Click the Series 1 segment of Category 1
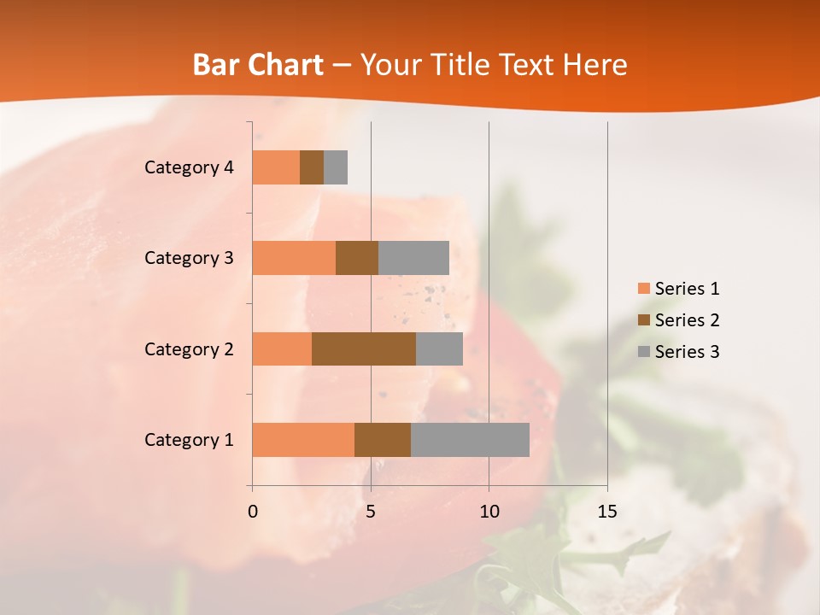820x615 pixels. point(303,440)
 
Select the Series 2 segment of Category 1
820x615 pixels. point(383,440)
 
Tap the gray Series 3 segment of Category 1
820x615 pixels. point(470,440)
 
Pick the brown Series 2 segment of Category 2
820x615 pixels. point(364,348)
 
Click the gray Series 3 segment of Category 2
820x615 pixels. point(439,348)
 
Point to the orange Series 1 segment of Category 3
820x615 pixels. point(294,258)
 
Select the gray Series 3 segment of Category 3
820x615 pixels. point(413,258)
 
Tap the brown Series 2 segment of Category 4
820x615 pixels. point(312,167)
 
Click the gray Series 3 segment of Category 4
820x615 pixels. point(336,167)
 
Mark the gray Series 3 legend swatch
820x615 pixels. point(644,352)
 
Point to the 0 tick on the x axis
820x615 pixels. point(253,512)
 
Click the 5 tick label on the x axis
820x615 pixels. point(371,512)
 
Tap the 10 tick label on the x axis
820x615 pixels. point(489,512)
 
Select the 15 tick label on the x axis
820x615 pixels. point(606,512)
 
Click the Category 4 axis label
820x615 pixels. point(189,167)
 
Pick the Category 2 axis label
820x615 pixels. point(189,348)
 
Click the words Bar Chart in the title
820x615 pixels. point(258,65)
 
